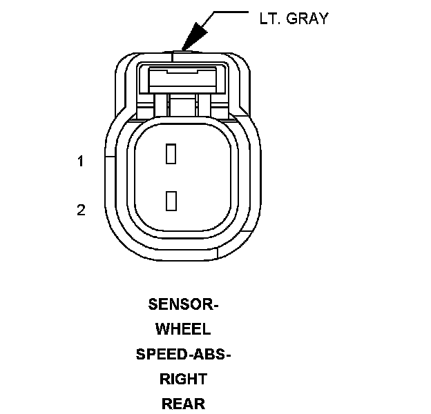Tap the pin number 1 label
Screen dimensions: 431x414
(81, 161)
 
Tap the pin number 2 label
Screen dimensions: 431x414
(81, 210)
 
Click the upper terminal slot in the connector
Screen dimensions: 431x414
(171, 154)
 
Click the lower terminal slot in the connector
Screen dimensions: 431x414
(171, 201)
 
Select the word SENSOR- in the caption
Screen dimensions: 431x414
(183, 304)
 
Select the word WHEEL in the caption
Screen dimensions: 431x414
(183, 329)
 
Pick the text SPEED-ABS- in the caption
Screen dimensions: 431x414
(183, 354)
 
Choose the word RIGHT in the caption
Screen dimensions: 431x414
(183, 379)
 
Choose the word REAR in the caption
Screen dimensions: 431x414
(183, 404)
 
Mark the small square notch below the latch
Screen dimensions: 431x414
(183, 105)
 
